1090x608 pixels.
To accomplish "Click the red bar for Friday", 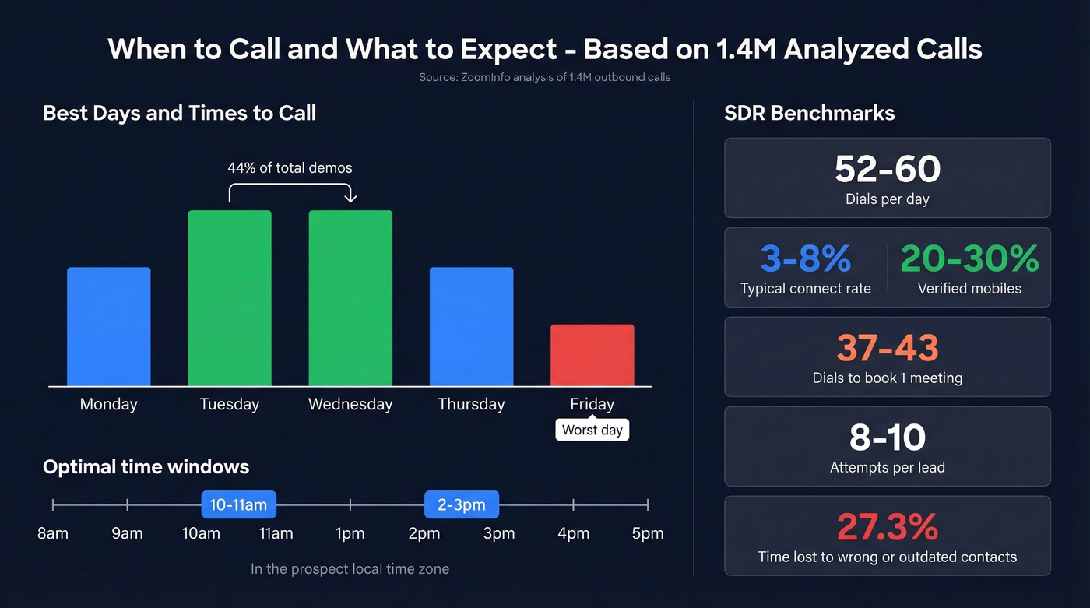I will (x=592, y=355).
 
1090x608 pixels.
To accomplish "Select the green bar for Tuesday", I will (x=230, y=298).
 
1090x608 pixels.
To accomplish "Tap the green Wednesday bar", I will (x=350, y=298).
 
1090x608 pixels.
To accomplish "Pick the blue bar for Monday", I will (x=108, y=327).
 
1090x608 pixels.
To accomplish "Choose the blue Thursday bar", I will (x=471, y=327).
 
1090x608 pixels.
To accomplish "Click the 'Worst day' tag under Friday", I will (x=592, y=430).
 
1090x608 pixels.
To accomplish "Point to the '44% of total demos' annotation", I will (x=290, y=167).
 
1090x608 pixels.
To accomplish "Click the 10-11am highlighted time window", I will (x=238, y=504).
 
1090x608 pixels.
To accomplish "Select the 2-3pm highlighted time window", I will (x=461, y=504).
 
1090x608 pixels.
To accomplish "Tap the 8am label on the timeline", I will (x=53, y=533).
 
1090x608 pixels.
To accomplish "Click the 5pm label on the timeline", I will (x=647, y=533).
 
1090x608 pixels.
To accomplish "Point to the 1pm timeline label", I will (x=350, y=533).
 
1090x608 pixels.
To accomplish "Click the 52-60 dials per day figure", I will (x=888, y=169).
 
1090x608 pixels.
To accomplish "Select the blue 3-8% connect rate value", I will (x=805, y=258).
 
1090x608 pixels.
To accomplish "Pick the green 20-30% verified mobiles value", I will (x=969, y=258).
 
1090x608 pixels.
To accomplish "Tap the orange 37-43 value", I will (x=888, y=348).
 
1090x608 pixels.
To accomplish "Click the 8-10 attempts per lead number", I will (x=888, y=438).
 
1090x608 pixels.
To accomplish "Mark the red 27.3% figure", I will (x=888, y=527).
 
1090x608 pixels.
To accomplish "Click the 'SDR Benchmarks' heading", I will (x=809, y=113).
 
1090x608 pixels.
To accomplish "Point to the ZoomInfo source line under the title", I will (x=544, y=77).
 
